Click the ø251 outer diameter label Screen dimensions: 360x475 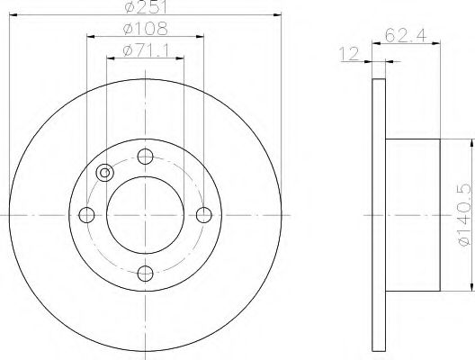point(145,9)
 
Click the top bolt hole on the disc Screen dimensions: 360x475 point(145,156)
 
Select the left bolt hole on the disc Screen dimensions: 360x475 point(87,214)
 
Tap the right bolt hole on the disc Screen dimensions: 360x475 point(203,214)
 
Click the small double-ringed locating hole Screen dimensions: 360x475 point(105,174)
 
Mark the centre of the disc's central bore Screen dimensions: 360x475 point(145,214)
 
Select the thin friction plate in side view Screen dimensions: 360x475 point(377,214)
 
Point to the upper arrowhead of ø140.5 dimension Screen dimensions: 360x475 point(470,143)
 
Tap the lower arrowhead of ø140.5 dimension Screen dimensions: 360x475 point(470,285)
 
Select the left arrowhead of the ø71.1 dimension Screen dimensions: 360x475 point(110,58)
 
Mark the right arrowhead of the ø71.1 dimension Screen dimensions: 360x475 point(180,58)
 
